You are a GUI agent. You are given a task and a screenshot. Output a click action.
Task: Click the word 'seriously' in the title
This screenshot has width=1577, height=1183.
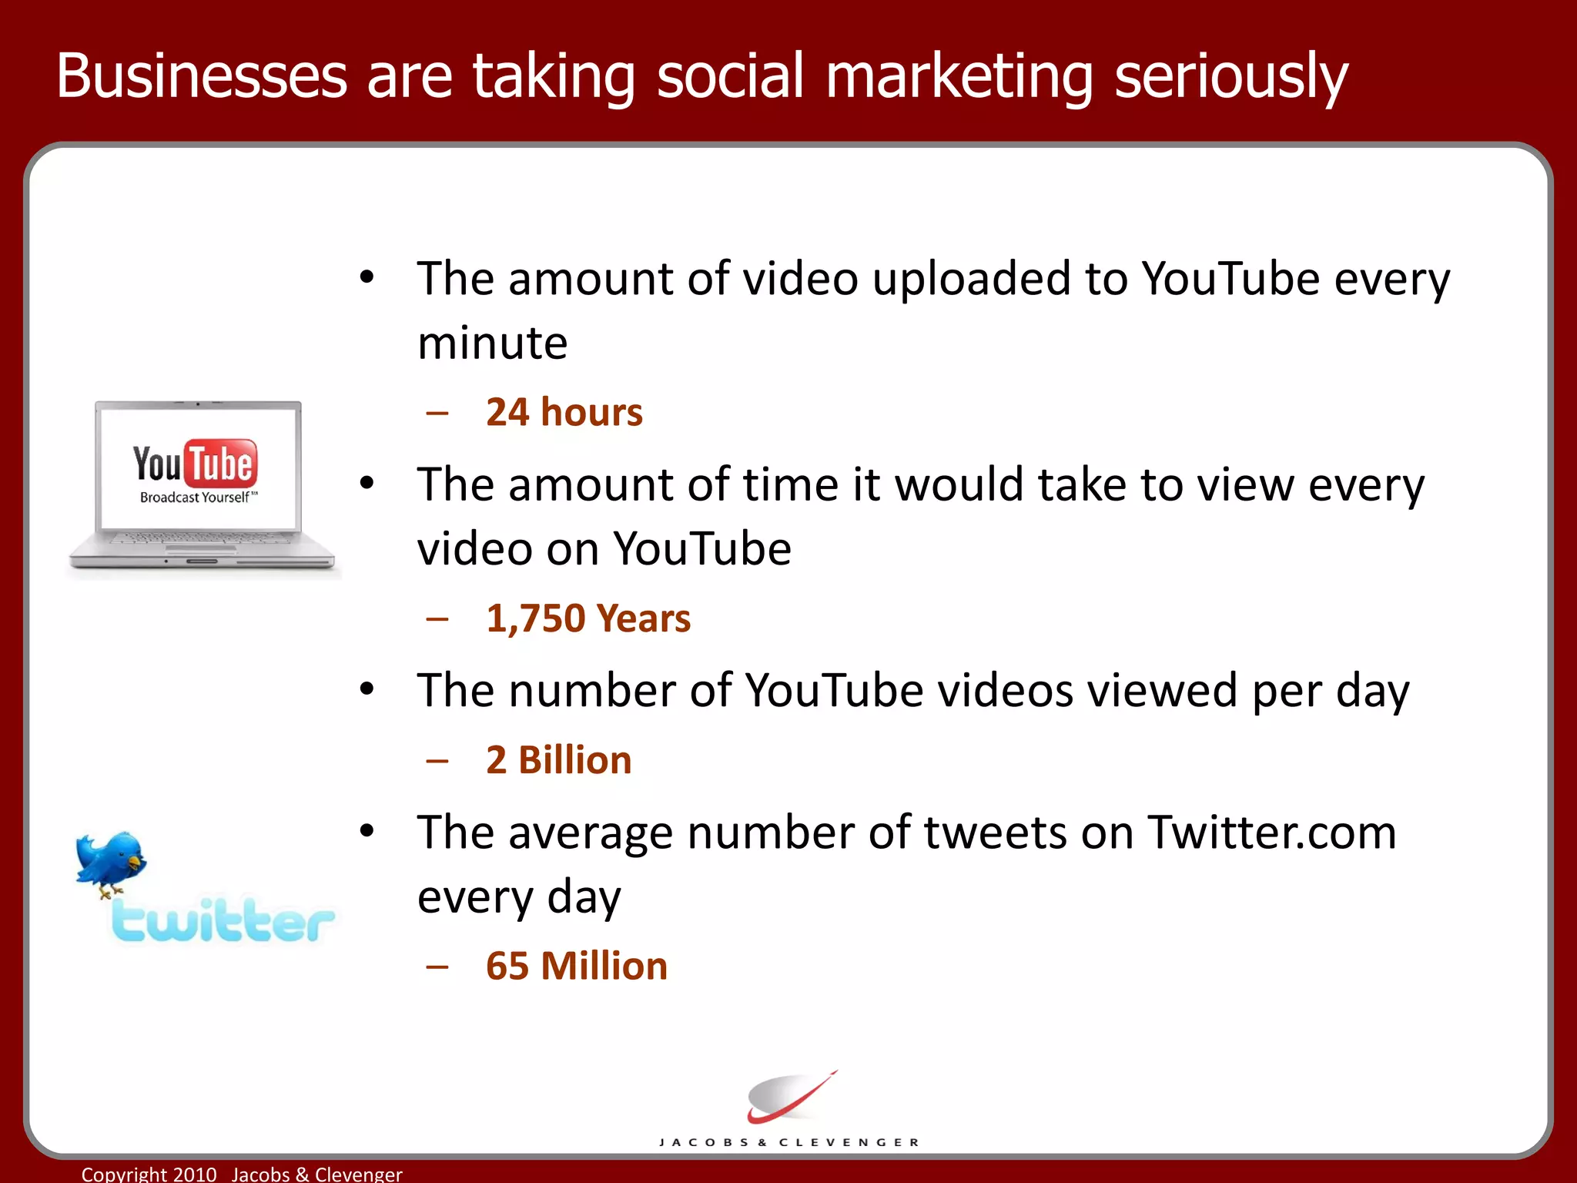coord(1230,77)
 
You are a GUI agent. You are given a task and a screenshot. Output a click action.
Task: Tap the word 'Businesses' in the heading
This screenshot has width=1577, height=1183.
coord(202,77)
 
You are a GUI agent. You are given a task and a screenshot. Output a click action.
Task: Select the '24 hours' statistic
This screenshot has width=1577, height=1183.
coord(564,412)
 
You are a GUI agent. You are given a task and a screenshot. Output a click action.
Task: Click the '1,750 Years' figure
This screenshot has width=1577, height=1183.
coord(588,618)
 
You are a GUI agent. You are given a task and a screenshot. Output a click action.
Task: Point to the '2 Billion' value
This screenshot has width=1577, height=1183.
coord(558,760)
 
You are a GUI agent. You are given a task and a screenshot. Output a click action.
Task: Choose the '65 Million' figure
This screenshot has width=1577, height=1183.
coord(576,966)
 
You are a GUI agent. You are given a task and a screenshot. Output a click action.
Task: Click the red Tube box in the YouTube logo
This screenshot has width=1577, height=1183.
coord(221,464)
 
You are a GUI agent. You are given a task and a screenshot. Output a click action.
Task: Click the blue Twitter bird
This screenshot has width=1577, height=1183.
coord(110,861)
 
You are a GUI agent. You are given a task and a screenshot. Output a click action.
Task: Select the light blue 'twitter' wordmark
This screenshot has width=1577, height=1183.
coord(223,920)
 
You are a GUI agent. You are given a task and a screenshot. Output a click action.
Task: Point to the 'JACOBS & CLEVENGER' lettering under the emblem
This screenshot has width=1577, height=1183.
coord(789,1142)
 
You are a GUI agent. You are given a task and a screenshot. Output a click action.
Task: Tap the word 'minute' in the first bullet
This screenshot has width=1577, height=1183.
coord(492,344)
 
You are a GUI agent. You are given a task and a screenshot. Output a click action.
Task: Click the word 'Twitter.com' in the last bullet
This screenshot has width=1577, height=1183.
coord(1271,833)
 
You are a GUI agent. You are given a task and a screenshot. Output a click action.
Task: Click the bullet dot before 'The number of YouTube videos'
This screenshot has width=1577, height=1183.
coord(367,689)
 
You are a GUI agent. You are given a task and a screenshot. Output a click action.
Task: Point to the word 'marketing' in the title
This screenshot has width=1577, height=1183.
coord(959,77)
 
